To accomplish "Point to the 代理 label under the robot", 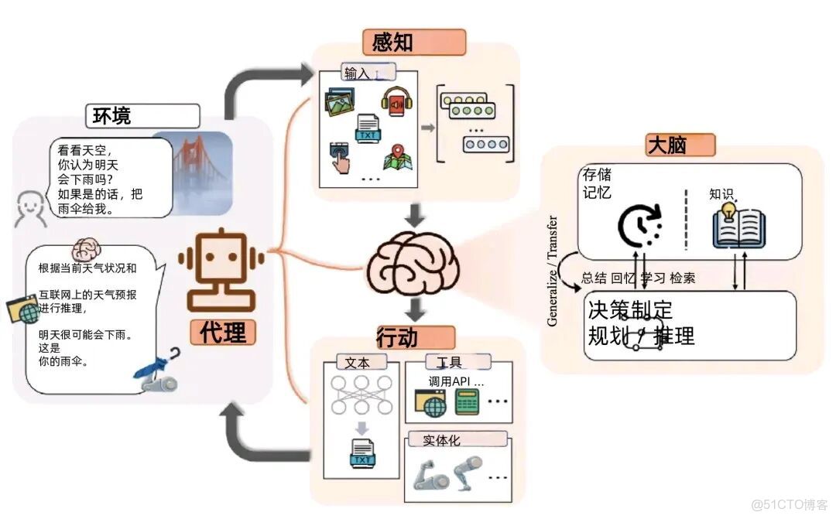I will point(223,332).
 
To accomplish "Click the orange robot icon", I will point(220,267).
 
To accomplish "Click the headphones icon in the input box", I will point(393,101).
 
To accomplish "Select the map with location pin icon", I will point(396,156).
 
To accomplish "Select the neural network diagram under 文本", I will point(360,398).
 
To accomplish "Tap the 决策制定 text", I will point(630,310).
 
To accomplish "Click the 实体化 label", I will point(441,440).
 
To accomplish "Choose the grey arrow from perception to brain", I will point(416,214).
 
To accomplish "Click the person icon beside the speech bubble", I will point(29,207).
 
